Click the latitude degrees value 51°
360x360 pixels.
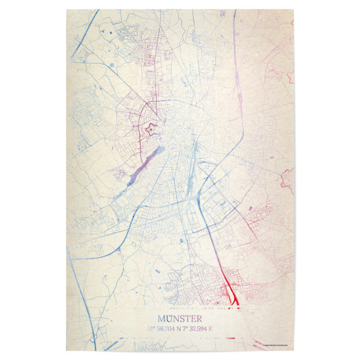pyautogui.click(x=151, y=329)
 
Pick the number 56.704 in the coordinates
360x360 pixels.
pyautogui.click(x=166, y=329)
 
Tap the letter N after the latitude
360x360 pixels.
pyautogui.click(x=181, y=329)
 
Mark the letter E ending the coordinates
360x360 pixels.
pyautogui.click(x=211, y=329)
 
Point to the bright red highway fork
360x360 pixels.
pyautogui.click(x=230, y=294)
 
